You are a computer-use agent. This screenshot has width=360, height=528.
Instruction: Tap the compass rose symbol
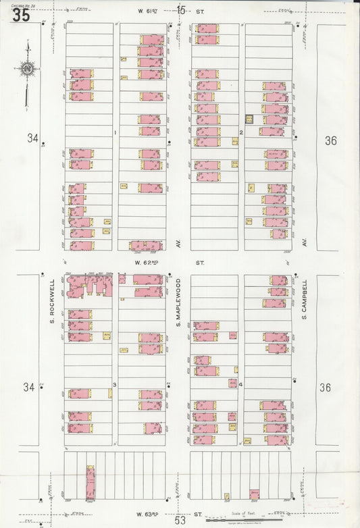[27, 68]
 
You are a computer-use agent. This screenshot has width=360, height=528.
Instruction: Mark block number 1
[115, 132]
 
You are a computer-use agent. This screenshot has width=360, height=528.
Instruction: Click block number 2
[241, 132]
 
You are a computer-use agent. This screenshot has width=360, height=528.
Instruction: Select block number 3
[115, 385]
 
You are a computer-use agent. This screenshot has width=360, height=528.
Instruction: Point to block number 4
[240, 384]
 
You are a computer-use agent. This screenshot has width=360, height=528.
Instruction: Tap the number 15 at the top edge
[181, 9]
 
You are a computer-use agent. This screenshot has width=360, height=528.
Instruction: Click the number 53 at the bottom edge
[180, 520]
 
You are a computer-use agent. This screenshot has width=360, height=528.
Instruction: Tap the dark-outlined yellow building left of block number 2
[249, 120]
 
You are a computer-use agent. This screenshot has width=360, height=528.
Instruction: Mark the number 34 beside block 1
[32, 138]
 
